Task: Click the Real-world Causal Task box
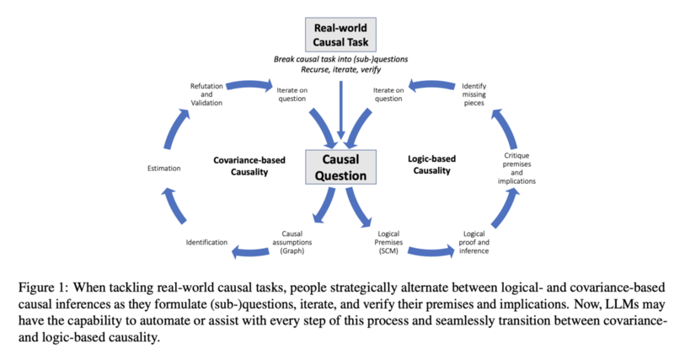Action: (x=340, y=35)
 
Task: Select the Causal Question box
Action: (x=340, y=167)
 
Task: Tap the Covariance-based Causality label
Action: (x=249, y=166)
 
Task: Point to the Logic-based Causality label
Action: (x=431, y=164)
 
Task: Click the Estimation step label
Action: (x=163, y=168)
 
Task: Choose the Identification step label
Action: (x=206, y=242)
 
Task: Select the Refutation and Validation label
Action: (x=206, y=94)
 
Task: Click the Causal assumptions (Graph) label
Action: (x=292, y=242)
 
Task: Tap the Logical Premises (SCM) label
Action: (x=388, y=242)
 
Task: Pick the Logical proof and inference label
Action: (x=473, y=242)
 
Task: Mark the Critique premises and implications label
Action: (x=516, y=168)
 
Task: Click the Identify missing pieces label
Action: (x=473, y=94)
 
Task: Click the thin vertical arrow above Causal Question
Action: (x=341, y=110)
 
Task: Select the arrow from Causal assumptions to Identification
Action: (x=250, y=252)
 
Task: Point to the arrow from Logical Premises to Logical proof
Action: (x=431, y=252)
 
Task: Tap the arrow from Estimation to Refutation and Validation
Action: (x=175, y=129)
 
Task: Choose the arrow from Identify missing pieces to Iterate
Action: (x=431, y=85)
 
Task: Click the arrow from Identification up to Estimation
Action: (x=174, y=206)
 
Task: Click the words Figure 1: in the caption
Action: (x=43, y=287)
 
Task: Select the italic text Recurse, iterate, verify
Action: (x=341, y=69)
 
